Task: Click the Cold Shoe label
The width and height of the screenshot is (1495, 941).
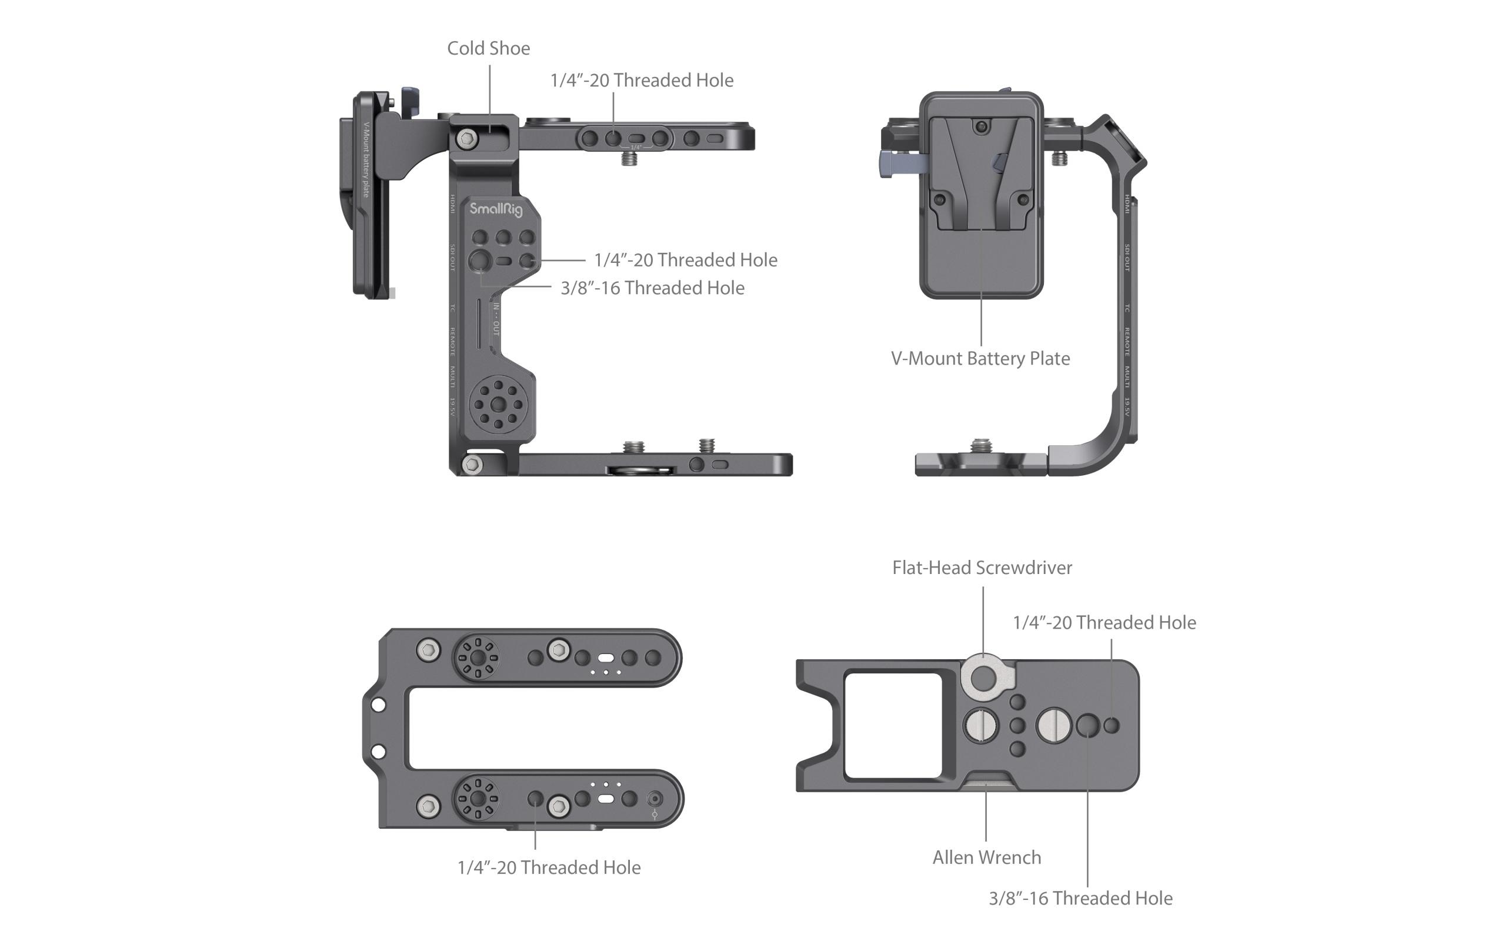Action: point(489,48)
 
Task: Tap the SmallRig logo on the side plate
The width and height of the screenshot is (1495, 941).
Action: point(495,210)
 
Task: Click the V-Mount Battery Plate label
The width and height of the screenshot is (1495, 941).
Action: point(980,359)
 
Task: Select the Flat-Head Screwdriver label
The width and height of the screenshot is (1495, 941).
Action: point(982,568)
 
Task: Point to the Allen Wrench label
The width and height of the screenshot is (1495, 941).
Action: point(986,858)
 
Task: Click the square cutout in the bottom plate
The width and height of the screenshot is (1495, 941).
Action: point(893,725)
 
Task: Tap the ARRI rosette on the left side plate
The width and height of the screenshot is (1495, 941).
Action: point(498,405)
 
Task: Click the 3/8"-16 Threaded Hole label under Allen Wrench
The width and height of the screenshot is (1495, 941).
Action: point(1080,899)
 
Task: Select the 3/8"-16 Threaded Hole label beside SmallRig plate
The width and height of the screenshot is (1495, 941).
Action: point(652,288)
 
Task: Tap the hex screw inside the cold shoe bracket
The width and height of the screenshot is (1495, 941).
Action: point(466,138)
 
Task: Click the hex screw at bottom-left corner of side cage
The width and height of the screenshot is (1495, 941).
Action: point(472,463)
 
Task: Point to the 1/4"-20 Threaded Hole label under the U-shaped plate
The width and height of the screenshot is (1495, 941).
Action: point(549,867)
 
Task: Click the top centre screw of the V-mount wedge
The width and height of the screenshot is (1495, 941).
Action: point(981,126)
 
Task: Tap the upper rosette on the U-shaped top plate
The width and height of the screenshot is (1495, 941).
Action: point(477,658)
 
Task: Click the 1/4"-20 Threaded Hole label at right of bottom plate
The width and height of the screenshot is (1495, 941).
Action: point(1104,623)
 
